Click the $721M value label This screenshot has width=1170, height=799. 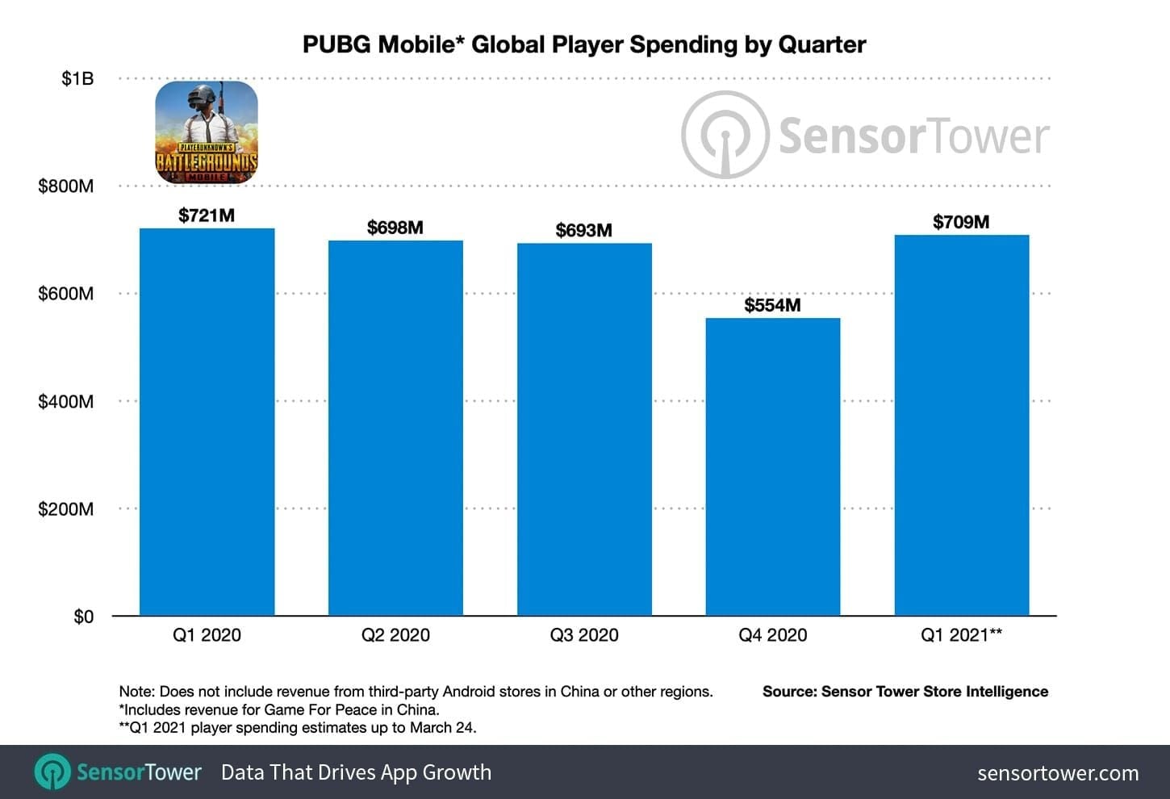(x=207, y=215)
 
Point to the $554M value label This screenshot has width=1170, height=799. (x=772, y=305)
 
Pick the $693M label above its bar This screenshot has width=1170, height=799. (x=583, y=230)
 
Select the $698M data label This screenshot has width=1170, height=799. (x=395, y=228)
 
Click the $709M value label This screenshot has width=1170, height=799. (x=961, y=222)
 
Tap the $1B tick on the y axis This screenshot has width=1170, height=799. (x=77, y=78)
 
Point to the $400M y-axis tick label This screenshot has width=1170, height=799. (x=65, y=401)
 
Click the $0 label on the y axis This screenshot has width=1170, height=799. (x=83, y=617)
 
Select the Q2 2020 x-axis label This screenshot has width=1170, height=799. (x=395, y=635)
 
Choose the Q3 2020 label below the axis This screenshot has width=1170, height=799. (x=584, y=635)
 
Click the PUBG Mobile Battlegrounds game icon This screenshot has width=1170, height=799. (x=207, y=132)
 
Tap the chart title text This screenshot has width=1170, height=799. (x=584, y=44)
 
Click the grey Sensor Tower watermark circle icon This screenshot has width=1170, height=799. (x=725, y=135)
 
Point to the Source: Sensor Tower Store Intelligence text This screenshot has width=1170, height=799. (x=905, y=692)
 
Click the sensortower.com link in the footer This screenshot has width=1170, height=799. (x=1058, y=773)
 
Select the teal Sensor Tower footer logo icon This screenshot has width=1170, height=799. (x=52, y=772)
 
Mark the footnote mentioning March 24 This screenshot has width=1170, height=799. (x=298, y=727)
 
